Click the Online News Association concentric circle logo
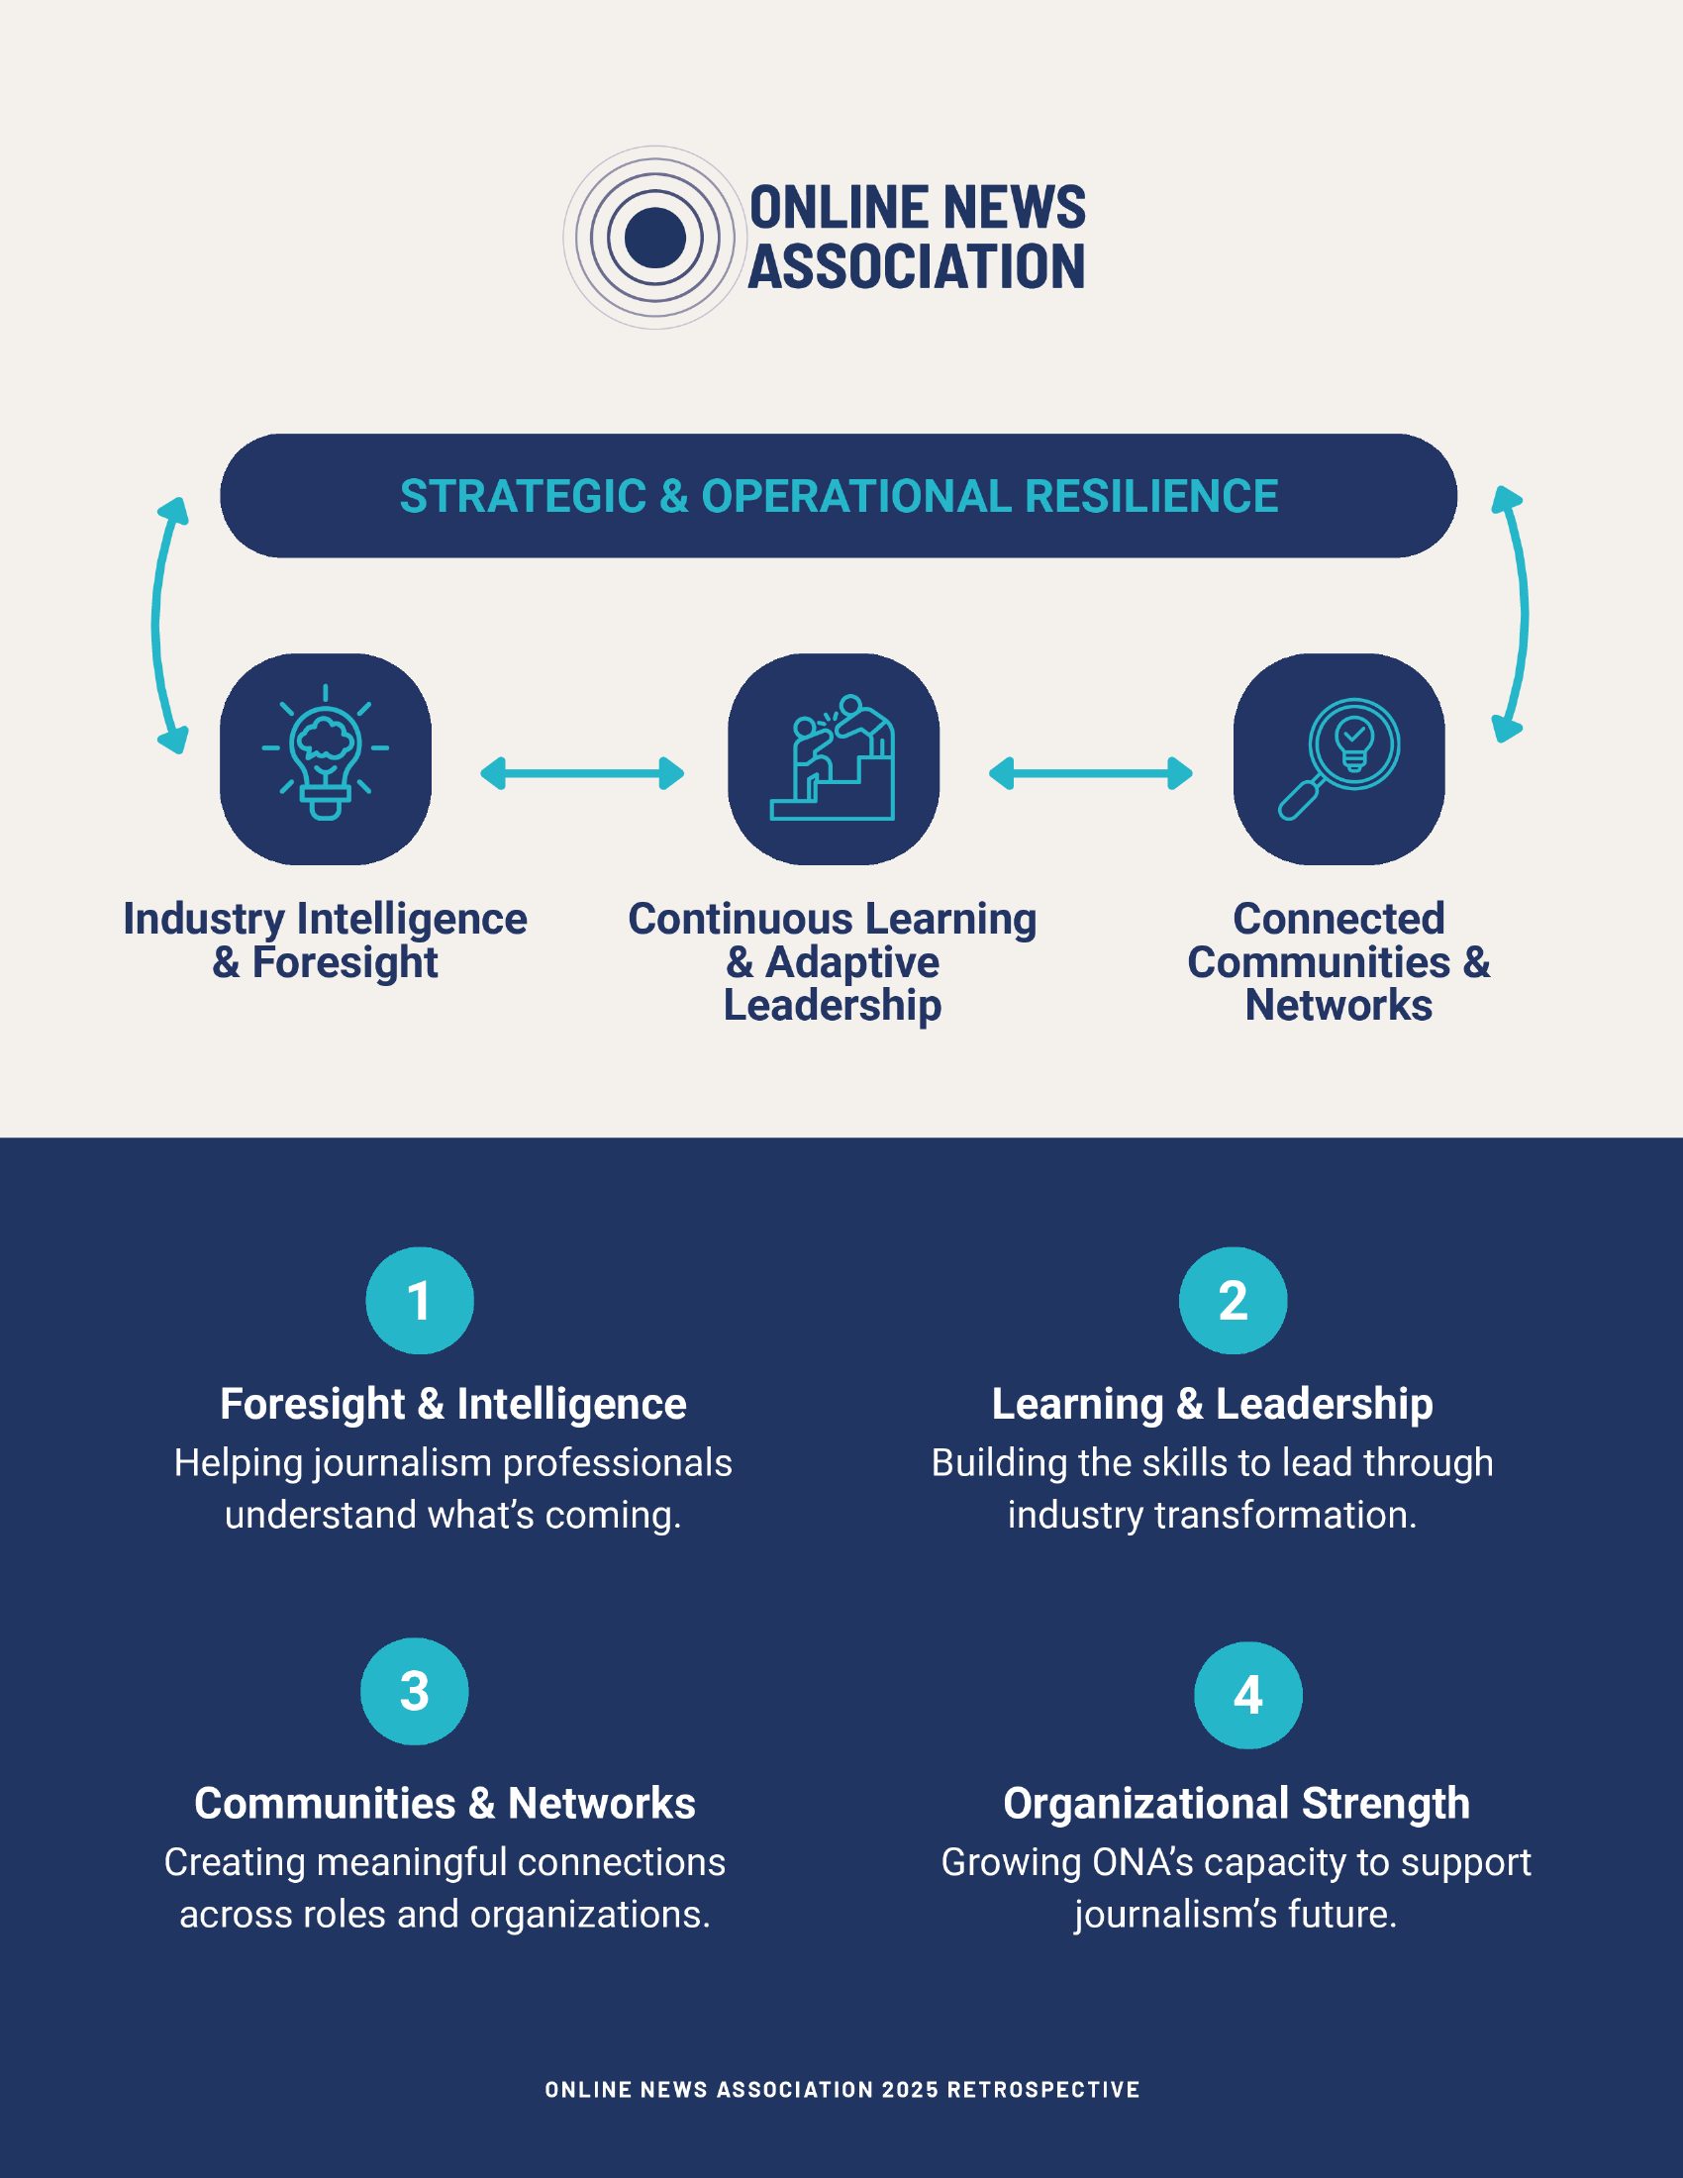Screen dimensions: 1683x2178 (654, 239)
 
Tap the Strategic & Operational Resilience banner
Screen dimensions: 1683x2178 (839, 496)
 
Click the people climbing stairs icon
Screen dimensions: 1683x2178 (834, 759)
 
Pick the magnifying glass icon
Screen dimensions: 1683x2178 (1339, 759)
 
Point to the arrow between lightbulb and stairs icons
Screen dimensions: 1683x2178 (582, 773)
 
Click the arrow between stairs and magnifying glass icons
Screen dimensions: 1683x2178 (1091, 773)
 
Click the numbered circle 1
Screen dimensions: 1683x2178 (420, 1301)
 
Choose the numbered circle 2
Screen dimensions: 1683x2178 (1234, 1301)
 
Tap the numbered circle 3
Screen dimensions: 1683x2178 (415, 1691)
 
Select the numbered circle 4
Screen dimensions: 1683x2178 (1248, 1695)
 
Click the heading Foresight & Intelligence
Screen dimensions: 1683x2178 (453, 1404)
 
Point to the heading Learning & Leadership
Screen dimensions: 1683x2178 (1213, 1404)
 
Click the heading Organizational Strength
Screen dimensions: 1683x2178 (1237, 1803)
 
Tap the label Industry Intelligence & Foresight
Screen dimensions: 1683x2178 (325, 940)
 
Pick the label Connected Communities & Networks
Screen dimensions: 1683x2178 (1339, 961)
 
